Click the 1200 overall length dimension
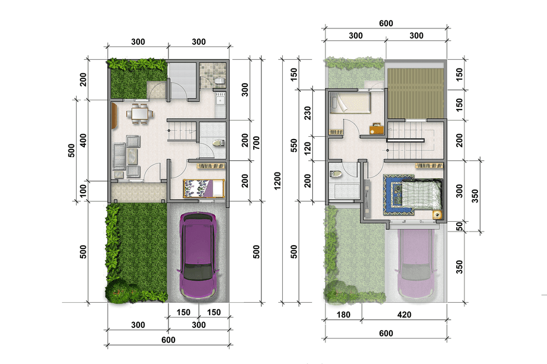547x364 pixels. pyautogui.click(x=277, y=181)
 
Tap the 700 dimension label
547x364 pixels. pyautogui.click(x=257, y=143)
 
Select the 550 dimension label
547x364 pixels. pyautogui.click(x=294, y=146)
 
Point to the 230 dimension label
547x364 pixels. pyautogui.click(x=307, y=113)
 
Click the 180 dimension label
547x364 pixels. pyautogui.click(x=344, y=315)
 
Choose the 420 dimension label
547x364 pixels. pyautogui.click(x=404, y=315)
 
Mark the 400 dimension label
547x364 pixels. pyautogui.click(x=83, y=140)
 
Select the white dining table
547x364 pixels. pyautogui.click(x=139, y=114)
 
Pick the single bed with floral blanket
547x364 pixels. pyautogui.click(x=203, y=188)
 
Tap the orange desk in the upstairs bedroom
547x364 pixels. pyautogui.click(x=377, y=129)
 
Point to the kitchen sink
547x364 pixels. pyautogui.click(x=220, y=101)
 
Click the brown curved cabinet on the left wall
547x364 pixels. pyautogui.click(x=114, y=115)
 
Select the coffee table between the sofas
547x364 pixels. pyautogui.click(x=132, y=156)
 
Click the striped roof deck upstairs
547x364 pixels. pyautogui.click(x=416, y=93)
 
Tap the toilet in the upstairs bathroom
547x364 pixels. pyautogui.click(x=335, y=174)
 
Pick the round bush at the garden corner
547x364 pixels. pyautogui.click(x=118, y=291)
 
